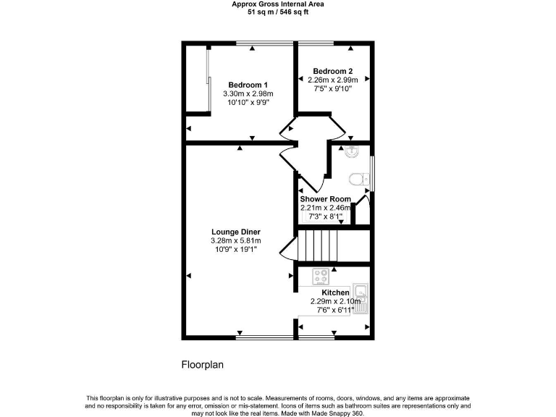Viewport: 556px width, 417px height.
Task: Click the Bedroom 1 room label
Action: click(x=248, y=84)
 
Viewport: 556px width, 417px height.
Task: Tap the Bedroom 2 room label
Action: click(x=332, y=71)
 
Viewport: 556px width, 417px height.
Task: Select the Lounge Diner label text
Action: click(x=235, y=232)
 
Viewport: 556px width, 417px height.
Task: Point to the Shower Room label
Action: click(x=326, y=199)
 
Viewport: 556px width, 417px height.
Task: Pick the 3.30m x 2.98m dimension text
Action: click(x=248, y=94)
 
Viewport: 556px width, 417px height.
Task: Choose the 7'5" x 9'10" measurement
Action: click(x=332, y=89)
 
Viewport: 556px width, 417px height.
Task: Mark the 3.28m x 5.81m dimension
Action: click(x=235, y=240)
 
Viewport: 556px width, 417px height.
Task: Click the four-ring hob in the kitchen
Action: click(x=321, y=276)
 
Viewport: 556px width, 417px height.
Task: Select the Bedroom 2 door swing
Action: click(x=337, y=128)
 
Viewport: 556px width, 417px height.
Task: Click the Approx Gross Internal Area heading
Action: click(x=278, y=4)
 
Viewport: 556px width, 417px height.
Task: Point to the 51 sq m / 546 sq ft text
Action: click(x=278, y=12)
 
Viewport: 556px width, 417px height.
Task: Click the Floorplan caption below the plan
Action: click(x=202, y=365)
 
